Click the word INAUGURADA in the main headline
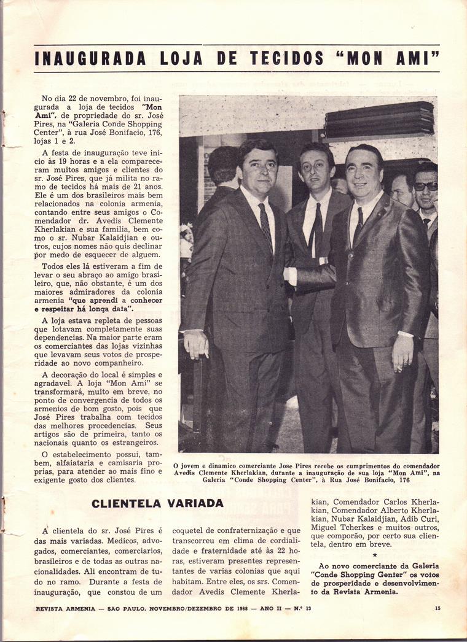click(x=90, y=59)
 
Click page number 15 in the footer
click(x=438, y=608)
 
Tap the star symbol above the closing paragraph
click(x=375, y=554)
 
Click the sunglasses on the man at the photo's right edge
click(x=426, y=186)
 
